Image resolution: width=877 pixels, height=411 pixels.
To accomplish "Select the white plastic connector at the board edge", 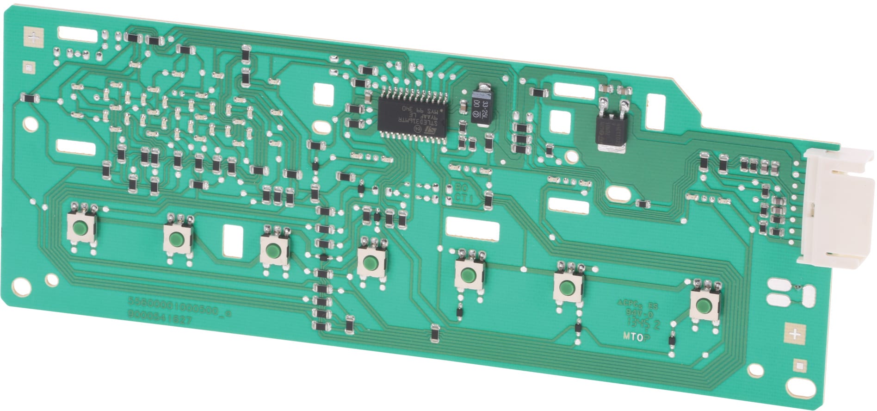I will click(x=833, y=208).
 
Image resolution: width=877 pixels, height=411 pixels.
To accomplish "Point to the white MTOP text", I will click(x=636, y=337).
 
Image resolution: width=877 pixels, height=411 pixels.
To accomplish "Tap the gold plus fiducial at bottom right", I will click(x=795, y=334).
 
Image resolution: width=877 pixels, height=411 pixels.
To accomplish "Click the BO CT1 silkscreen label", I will click(x=460, y=193).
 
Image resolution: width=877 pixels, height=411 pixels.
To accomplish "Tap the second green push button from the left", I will click(x=175, y=239).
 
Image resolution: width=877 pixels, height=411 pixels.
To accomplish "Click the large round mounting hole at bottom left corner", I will click(x=21, y=286).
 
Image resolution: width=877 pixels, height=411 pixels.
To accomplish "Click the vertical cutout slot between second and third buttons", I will click(x=233, y=240).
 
